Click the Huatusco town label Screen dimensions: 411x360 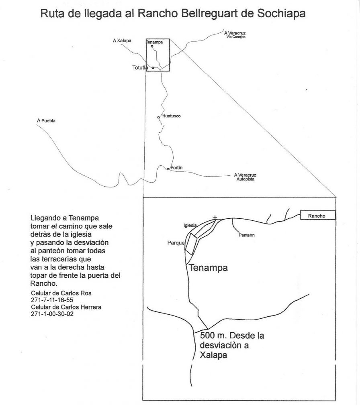[171, 116]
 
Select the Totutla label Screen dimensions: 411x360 [140, 68]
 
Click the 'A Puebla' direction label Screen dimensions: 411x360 [45, 120]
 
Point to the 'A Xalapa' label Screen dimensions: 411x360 [122, 41]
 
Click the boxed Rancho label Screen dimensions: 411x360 [318, 216]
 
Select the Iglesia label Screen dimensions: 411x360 [190, 226]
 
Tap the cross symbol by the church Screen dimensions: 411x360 [215, 218]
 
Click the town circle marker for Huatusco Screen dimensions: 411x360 [159, 117]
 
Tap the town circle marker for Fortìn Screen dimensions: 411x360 [168, 169]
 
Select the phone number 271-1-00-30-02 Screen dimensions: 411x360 [52, 314]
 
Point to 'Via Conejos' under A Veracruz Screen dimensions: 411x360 [235, 37]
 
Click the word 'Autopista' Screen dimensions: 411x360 [245, 180]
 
